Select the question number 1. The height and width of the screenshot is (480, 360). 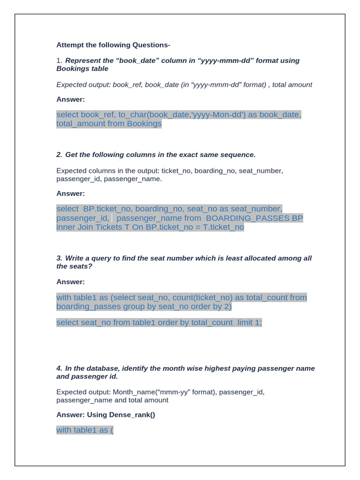tap(59, 60)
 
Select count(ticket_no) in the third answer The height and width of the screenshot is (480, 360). tap(203, 298)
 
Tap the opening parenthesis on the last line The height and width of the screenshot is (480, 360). tap(112, 430)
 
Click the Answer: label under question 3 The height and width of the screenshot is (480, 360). tap(71, 282)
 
